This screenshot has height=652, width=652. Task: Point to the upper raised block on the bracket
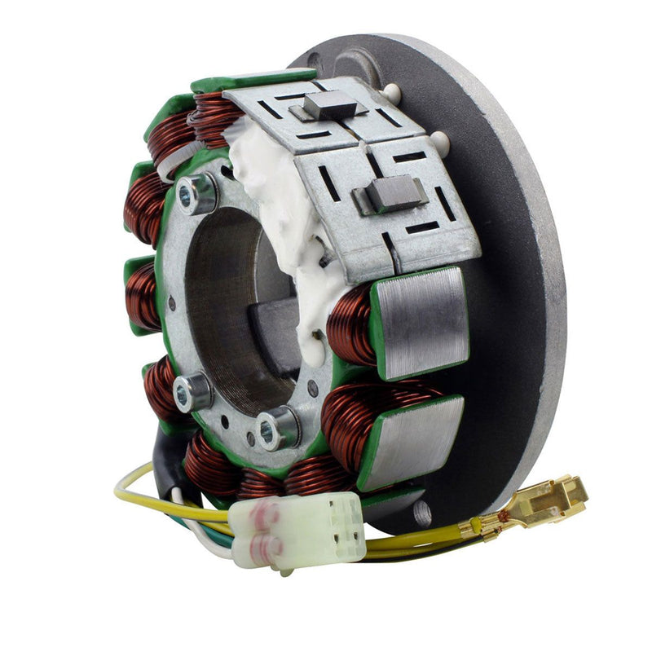pos(330,104)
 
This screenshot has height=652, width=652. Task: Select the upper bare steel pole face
pos(420,322)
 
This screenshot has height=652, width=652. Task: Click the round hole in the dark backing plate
pos(421,513)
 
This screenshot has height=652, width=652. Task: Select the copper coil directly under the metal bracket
pos(352,326)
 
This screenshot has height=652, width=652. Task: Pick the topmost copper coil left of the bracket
pos(214,114)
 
